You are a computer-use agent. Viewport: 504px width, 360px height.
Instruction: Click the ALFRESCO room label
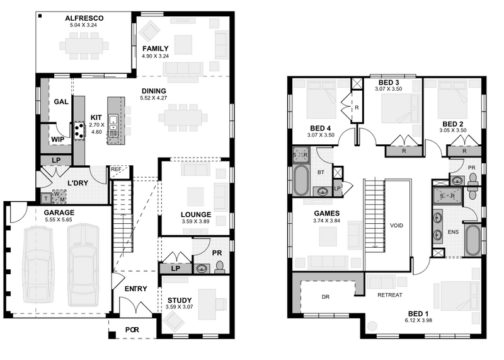tap(84, 18)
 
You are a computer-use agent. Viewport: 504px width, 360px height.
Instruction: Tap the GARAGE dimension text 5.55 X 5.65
tap(59, 220)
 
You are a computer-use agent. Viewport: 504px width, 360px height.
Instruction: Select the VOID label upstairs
tap(396, 226)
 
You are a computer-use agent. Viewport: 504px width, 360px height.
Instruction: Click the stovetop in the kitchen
tap(79, 131)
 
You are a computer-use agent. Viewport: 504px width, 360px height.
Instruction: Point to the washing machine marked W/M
tap(59, 197)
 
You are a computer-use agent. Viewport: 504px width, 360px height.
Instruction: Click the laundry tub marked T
tap(46, 199)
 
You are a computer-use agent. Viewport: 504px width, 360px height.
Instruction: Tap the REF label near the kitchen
tap(116, 169)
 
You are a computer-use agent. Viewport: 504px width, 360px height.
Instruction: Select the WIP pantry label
tap(57, 139)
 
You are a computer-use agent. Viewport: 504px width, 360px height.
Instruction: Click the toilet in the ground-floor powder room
tap(220, 267)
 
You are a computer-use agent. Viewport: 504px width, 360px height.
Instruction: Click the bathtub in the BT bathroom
tap(301, 180)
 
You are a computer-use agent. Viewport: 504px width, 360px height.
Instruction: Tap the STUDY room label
tap(180, 301)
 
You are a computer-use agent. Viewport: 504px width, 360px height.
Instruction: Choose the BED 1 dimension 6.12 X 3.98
tap(418, 320)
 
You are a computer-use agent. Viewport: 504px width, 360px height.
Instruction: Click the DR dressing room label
tap(326, 297)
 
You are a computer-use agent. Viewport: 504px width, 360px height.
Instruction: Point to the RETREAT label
tap(390, 295)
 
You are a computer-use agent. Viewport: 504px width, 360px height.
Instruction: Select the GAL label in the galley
tap(61, 102)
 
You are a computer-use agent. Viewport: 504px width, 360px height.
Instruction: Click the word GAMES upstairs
tap(326, 213)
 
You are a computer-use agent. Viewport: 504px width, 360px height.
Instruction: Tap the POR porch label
tap(132, 330)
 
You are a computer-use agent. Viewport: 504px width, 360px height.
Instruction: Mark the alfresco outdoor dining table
tap(84, 45)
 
